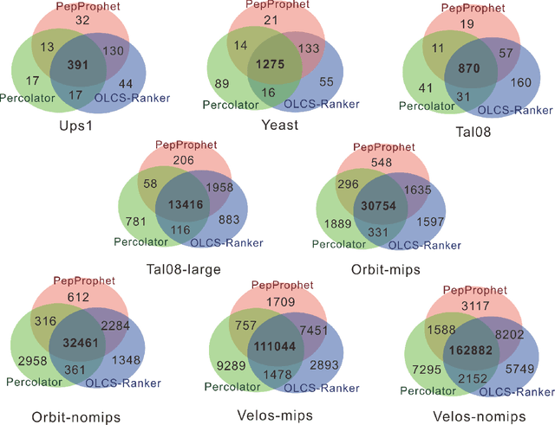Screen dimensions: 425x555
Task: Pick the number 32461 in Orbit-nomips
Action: (x=81, y=344)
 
